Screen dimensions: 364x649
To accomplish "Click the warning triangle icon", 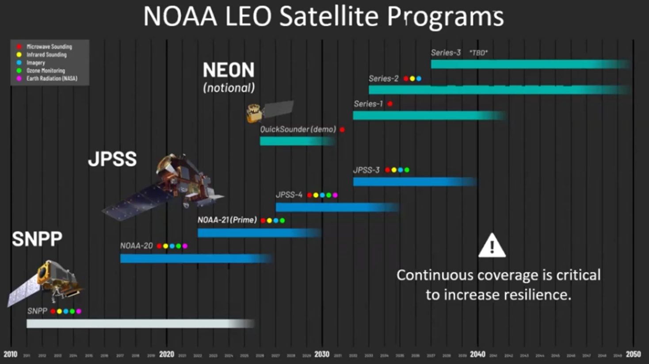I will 492,246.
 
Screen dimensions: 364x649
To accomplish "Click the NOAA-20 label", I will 136,246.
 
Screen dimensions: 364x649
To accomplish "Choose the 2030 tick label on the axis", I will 322,354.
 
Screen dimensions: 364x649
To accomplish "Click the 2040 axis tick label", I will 477,354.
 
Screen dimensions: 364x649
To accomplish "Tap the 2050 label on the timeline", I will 633,354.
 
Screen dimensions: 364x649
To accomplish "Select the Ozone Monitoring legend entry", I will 46,71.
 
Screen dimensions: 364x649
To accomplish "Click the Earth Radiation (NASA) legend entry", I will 52,79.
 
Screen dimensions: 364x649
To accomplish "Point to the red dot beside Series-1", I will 390,104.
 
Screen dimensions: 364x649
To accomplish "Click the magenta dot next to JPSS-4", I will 335,195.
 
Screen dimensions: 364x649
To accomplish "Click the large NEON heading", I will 229,70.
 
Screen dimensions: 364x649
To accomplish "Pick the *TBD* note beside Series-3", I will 478,53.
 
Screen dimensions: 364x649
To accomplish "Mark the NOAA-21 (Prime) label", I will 227,220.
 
